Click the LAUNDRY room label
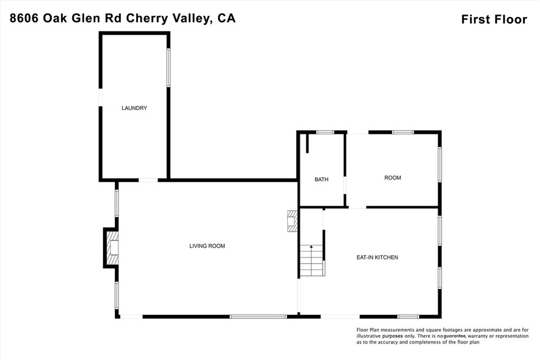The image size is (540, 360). [x=134, y=108]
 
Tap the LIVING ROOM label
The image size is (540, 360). [x=207, y=246]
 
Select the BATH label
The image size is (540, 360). [x=321, y=179]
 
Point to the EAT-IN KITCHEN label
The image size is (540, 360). [x=377, y=257]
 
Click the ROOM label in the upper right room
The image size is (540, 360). [x=392, y=178]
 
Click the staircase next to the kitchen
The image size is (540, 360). [x=311, y=260]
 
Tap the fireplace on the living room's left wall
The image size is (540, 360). [x=112, y=248]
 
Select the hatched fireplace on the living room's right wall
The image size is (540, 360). [x=292, y=221]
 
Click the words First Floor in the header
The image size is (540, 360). [x=494, y=20]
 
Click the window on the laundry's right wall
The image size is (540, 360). [x=169, y=67]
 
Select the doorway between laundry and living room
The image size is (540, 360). [x=148, y=180]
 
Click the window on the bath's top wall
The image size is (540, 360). [x=325, y=132]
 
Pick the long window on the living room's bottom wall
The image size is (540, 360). [x=258, y=316]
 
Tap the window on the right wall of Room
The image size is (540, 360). [x=439, y=164]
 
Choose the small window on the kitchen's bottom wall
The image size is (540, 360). [x=408, y=316]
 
